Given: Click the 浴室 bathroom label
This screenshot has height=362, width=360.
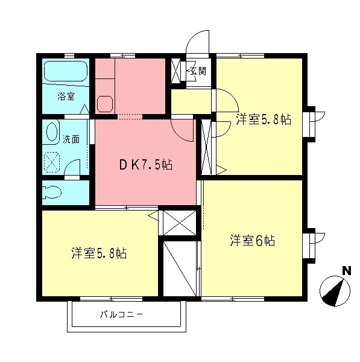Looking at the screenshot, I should [x=66, y=97].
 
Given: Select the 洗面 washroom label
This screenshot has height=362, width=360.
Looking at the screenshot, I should [x=71, y=139].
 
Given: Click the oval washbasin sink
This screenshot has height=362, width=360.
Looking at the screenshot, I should [x=52, y=133].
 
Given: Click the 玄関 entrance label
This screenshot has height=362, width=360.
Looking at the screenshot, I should [x=197, y=71].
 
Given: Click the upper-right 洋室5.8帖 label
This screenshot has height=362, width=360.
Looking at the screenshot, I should [x=264, y=119].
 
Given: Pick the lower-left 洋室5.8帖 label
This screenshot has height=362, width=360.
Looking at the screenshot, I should [x=98, y=253].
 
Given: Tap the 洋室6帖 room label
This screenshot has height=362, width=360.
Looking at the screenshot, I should [x=252, y=241].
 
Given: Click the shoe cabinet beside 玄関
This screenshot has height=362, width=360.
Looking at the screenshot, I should [x=177, y=71].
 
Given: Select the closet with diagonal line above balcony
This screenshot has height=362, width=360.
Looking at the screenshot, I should [x=180, y=267].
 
